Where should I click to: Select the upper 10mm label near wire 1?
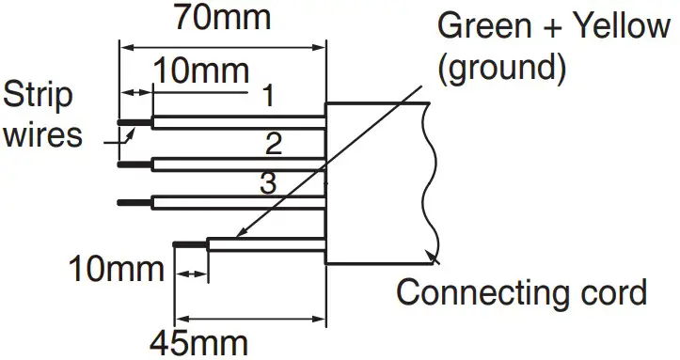[x=201, y=70]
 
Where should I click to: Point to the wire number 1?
[x=268, y=95]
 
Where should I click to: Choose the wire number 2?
[x=274, y=143]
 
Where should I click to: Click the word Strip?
[x=40, y=96]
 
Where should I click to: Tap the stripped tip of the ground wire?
[x=191, y=243]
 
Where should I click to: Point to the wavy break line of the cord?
[x=431, y=179]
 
